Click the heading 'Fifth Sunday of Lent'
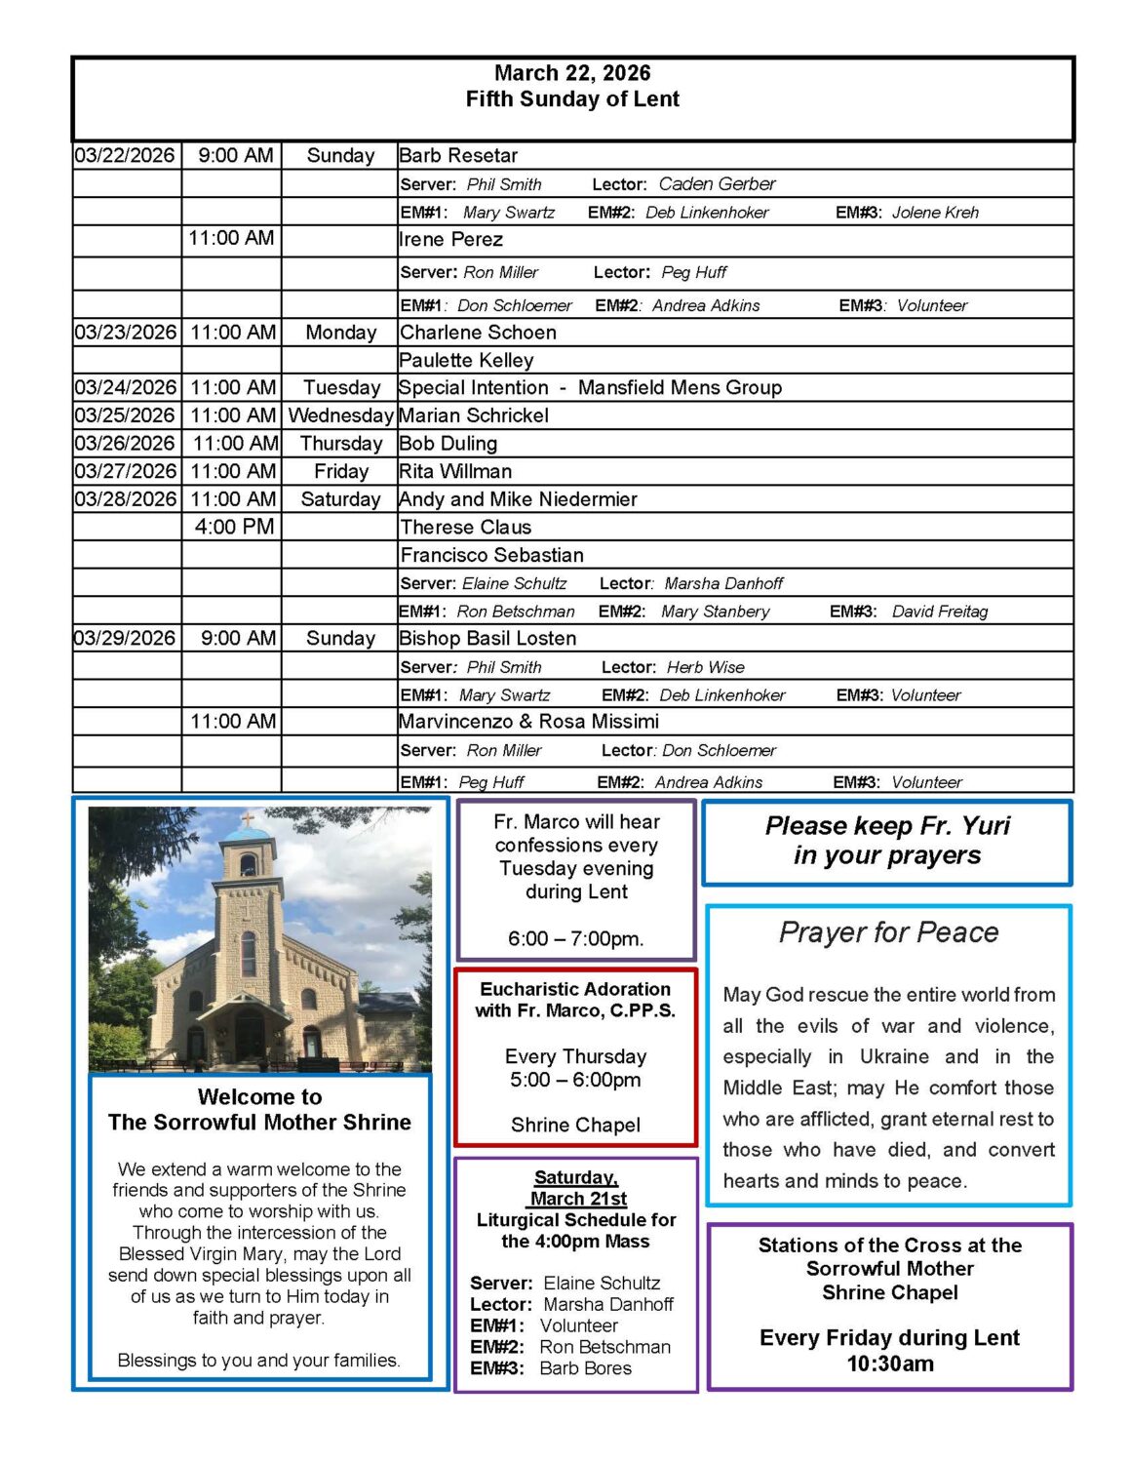572,99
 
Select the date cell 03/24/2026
125,387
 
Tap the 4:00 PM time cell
234,527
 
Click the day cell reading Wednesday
340,415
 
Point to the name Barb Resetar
458,155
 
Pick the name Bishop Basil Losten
487,638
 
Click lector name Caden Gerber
717,183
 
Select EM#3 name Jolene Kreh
935,213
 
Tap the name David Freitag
939,612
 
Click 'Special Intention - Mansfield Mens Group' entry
590,387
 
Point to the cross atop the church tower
248,818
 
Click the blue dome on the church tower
248,835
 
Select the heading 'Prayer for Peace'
888,932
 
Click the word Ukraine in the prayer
894,1056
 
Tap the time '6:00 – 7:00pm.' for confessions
575,938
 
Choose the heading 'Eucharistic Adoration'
575,989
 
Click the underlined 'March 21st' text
578,1199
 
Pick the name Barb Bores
585,1368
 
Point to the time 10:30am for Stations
889,1364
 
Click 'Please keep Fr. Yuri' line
887,826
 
